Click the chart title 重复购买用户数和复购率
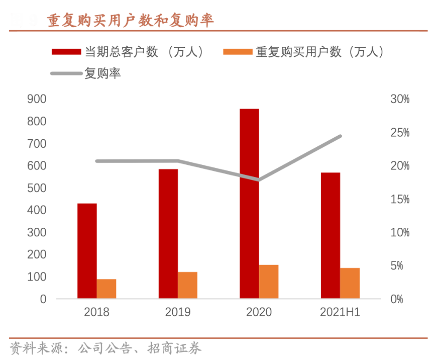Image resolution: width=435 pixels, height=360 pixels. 131,20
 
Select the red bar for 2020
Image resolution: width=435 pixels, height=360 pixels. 249,204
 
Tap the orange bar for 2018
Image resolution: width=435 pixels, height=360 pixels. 106,289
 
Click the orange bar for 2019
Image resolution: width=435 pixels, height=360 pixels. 187,285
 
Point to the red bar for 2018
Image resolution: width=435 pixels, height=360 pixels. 87,251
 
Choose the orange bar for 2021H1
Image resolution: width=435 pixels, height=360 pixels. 350,283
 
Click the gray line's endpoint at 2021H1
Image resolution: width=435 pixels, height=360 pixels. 341,136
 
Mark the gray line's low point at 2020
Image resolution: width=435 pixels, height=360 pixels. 259,179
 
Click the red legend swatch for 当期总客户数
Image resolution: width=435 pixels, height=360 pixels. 66,51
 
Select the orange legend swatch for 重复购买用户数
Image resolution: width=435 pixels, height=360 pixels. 238,51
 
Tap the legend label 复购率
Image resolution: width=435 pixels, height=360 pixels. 102,73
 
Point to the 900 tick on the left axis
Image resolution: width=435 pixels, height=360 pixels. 36,100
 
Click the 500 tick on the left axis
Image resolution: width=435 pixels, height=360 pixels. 36,188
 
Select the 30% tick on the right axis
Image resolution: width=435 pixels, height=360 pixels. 400,100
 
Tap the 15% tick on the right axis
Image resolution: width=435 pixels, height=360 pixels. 400,199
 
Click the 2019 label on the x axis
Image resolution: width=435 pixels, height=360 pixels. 178,312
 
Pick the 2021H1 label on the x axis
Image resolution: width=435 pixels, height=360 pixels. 340,312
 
